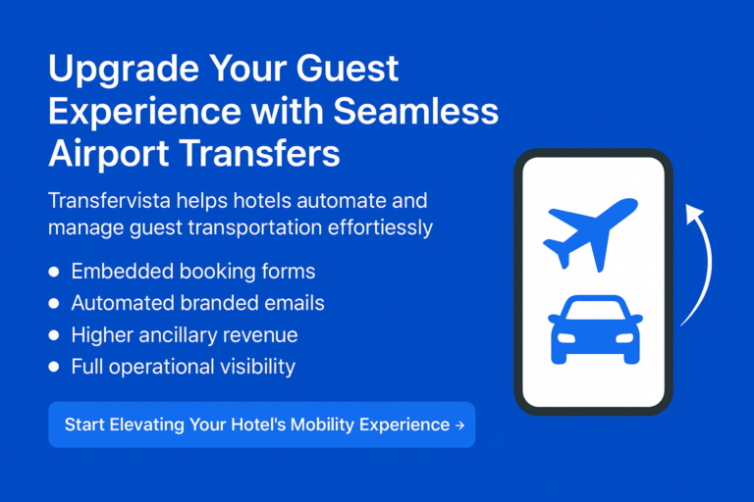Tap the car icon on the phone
pos(595,329)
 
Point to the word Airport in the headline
pos(107,155)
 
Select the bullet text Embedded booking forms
pos(192,271)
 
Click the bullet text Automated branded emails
pos(197,303)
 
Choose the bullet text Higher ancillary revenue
pos(184,335)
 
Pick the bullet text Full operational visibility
pos(183,368)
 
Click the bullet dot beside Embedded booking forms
pos(54,272)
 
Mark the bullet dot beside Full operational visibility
pos(54,368)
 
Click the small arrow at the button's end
pos(459,426)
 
